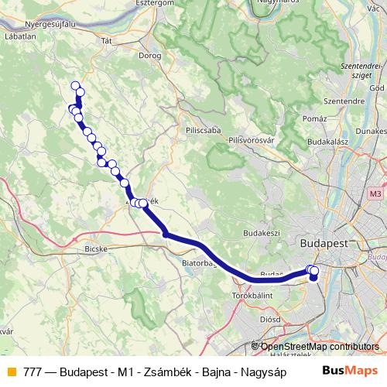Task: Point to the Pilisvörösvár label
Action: (252, 139)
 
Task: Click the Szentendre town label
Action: (344, 101)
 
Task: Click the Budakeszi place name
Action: (260, 232)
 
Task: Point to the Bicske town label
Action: (94, 250)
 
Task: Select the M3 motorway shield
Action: (376, 193)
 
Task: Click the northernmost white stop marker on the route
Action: (75, 86)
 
